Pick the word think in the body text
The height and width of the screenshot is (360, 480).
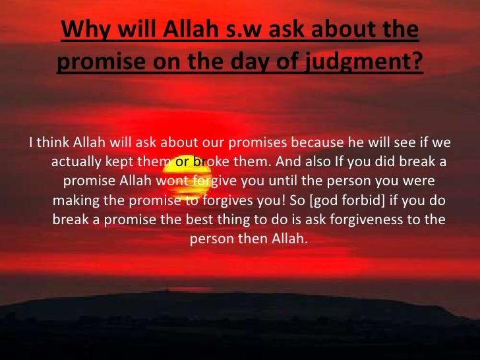(53, 143)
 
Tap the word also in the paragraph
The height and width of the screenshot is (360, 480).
(319, 162)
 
